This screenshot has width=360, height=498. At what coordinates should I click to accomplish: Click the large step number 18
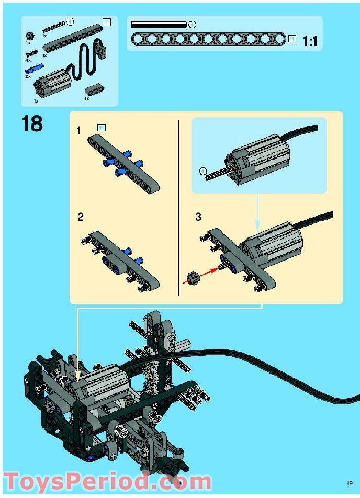click(32, 124)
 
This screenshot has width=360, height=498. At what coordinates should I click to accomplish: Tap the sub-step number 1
click(78, 131)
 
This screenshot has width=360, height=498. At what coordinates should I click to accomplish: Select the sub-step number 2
click(81, 217)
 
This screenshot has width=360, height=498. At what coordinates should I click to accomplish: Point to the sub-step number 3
click(198, 217)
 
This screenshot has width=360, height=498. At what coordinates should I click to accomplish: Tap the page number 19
click(350, 483)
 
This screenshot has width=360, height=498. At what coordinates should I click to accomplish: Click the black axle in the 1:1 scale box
click(159, 24)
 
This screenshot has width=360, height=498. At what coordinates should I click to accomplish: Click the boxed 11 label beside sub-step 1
click(102, 128)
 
